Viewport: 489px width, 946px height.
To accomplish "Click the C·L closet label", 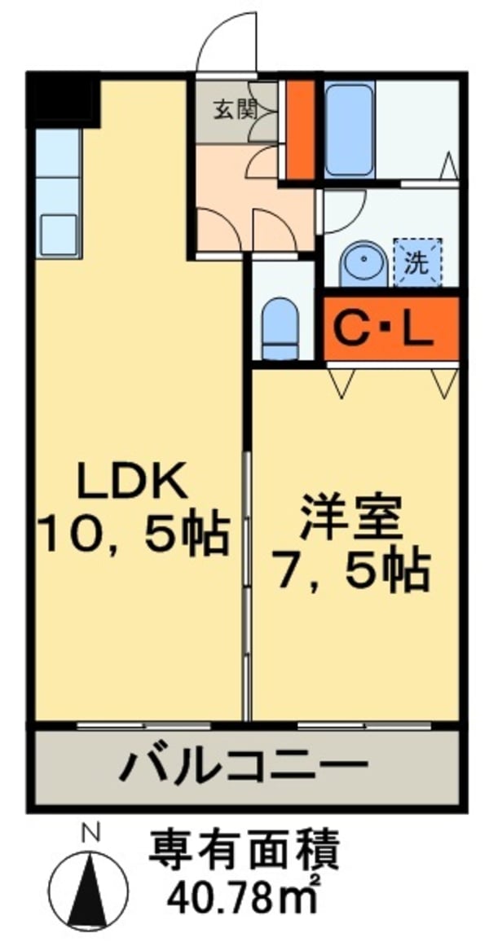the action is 385,330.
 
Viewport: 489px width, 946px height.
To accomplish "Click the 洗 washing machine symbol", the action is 418,262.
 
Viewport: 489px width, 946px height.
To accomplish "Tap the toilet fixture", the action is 280,329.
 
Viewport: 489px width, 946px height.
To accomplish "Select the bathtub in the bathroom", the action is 349,131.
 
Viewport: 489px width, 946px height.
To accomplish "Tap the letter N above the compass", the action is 90,834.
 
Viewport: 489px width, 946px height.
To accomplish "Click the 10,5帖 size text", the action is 134,535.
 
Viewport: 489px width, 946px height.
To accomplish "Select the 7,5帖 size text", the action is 350,569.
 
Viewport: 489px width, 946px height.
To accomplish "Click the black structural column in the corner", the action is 64,99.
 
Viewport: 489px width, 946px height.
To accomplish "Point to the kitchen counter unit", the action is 58,194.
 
